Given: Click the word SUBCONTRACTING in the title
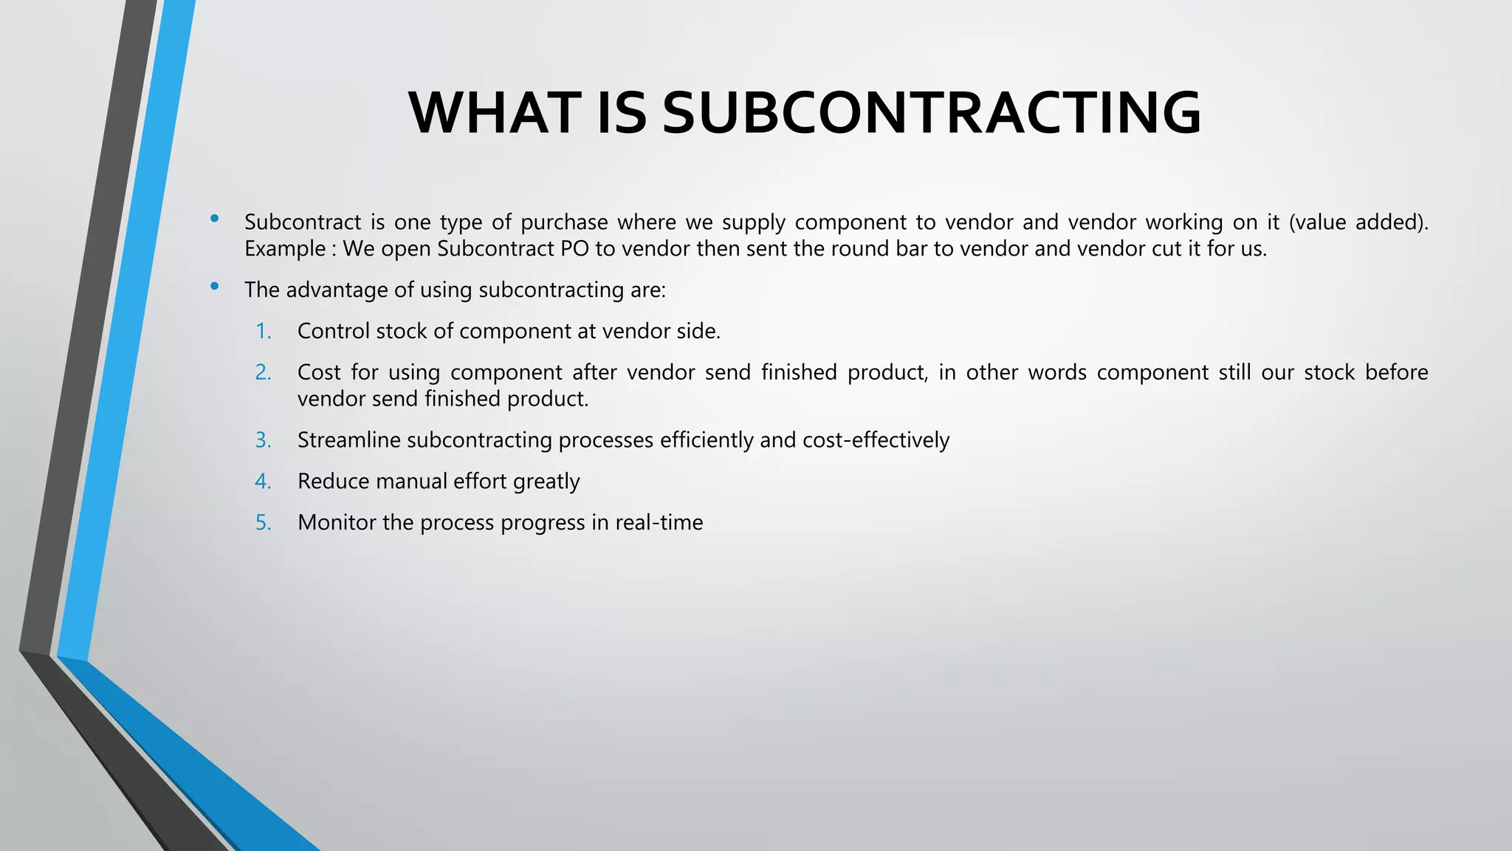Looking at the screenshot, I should (x=932, y=113).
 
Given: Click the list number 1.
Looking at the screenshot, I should (x=264, y=331).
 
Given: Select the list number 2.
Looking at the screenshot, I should (x=264, y=372).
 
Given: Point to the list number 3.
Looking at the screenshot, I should (x=264, y=440).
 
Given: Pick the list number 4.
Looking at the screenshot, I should (x=264, y=482).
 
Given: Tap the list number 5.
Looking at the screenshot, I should (x=264, y=523).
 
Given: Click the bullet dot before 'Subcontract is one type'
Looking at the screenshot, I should (x=214, y=218).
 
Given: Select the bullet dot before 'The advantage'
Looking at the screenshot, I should (x=214, y=286).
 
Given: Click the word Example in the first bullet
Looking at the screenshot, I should (x=285, y=249).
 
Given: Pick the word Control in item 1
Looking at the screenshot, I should (x=334, y=331).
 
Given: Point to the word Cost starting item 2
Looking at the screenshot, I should (x=319, y=372).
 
